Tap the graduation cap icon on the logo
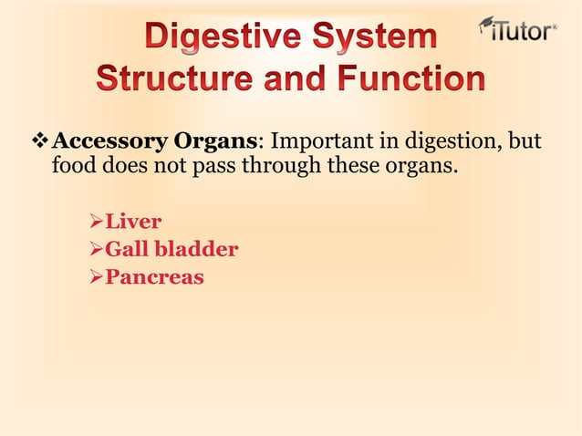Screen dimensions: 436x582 pos(488,22)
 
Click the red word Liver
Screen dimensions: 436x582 pos(133,220)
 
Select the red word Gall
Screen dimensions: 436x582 pos(127,248)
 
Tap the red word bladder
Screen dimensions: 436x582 pos(196,248)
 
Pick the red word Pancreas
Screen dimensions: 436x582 pos(154,276)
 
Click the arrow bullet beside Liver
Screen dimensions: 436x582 pos(93,221)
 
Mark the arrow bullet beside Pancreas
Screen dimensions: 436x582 pos(93,276)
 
